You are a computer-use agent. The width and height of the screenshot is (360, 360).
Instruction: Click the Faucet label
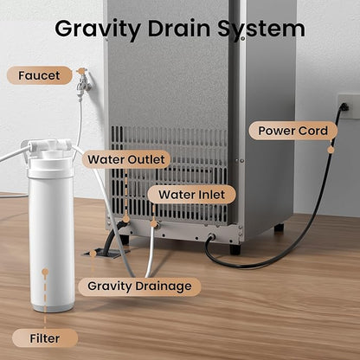(x=39, y=75)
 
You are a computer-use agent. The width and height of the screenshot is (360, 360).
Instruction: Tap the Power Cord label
(x=292, y=131)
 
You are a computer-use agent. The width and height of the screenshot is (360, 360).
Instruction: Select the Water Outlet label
(x=126, y=159)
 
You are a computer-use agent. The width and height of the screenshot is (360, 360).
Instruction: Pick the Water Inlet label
(x=191, y=195)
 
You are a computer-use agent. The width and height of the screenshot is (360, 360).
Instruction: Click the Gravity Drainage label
(x=139, y=286)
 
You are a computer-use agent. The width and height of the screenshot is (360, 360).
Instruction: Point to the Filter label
(x=45, y=338)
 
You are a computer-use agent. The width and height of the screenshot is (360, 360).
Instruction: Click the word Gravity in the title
(x=98, y=29)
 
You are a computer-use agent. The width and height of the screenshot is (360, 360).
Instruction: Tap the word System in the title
(x=261, y=29)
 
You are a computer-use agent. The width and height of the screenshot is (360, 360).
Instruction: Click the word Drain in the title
(x=179, y=29)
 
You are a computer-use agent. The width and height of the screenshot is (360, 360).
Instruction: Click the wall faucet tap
(x=83, y=83)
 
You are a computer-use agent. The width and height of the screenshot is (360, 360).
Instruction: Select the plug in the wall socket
(x=344, y=107)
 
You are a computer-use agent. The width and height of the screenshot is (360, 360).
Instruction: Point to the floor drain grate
(x=106, y=253)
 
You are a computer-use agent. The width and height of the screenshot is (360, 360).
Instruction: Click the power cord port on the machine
(x=211, y=237)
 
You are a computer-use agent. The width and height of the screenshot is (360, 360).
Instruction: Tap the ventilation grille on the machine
(x=169, y=174)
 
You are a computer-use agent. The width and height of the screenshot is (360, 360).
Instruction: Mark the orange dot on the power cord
(x=331, y=150)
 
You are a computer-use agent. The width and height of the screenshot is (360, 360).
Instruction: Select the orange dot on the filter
(x=45, y=272)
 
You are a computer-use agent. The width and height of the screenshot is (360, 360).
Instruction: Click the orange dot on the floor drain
(x=93, y=254)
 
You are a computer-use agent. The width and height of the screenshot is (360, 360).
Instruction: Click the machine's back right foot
(x=279, y=228)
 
